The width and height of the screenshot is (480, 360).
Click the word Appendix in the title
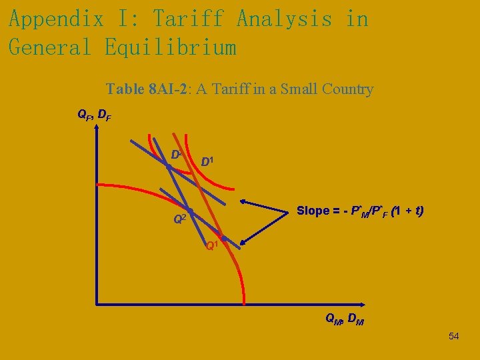click(x=56, y=19)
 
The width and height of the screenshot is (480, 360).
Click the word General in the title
click(x=50, y=47)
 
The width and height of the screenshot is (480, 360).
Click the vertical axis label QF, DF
click(x=95, y=115)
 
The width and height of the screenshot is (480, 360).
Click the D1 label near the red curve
click(x=209, y=161)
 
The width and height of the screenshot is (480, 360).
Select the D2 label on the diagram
click(x=177, y=155)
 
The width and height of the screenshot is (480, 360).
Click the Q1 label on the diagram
click(x=211, y=246)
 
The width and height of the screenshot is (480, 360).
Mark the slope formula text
click(x=360, y=211)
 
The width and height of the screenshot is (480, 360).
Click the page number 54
click(x=453, y=336)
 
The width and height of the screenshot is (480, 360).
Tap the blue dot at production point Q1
click(x=224, y=239)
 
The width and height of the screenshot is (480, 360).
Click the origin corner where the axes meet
click(x=97, y=305)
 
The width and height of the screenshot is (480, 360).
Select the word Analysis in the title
click(x=284, y=19)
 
